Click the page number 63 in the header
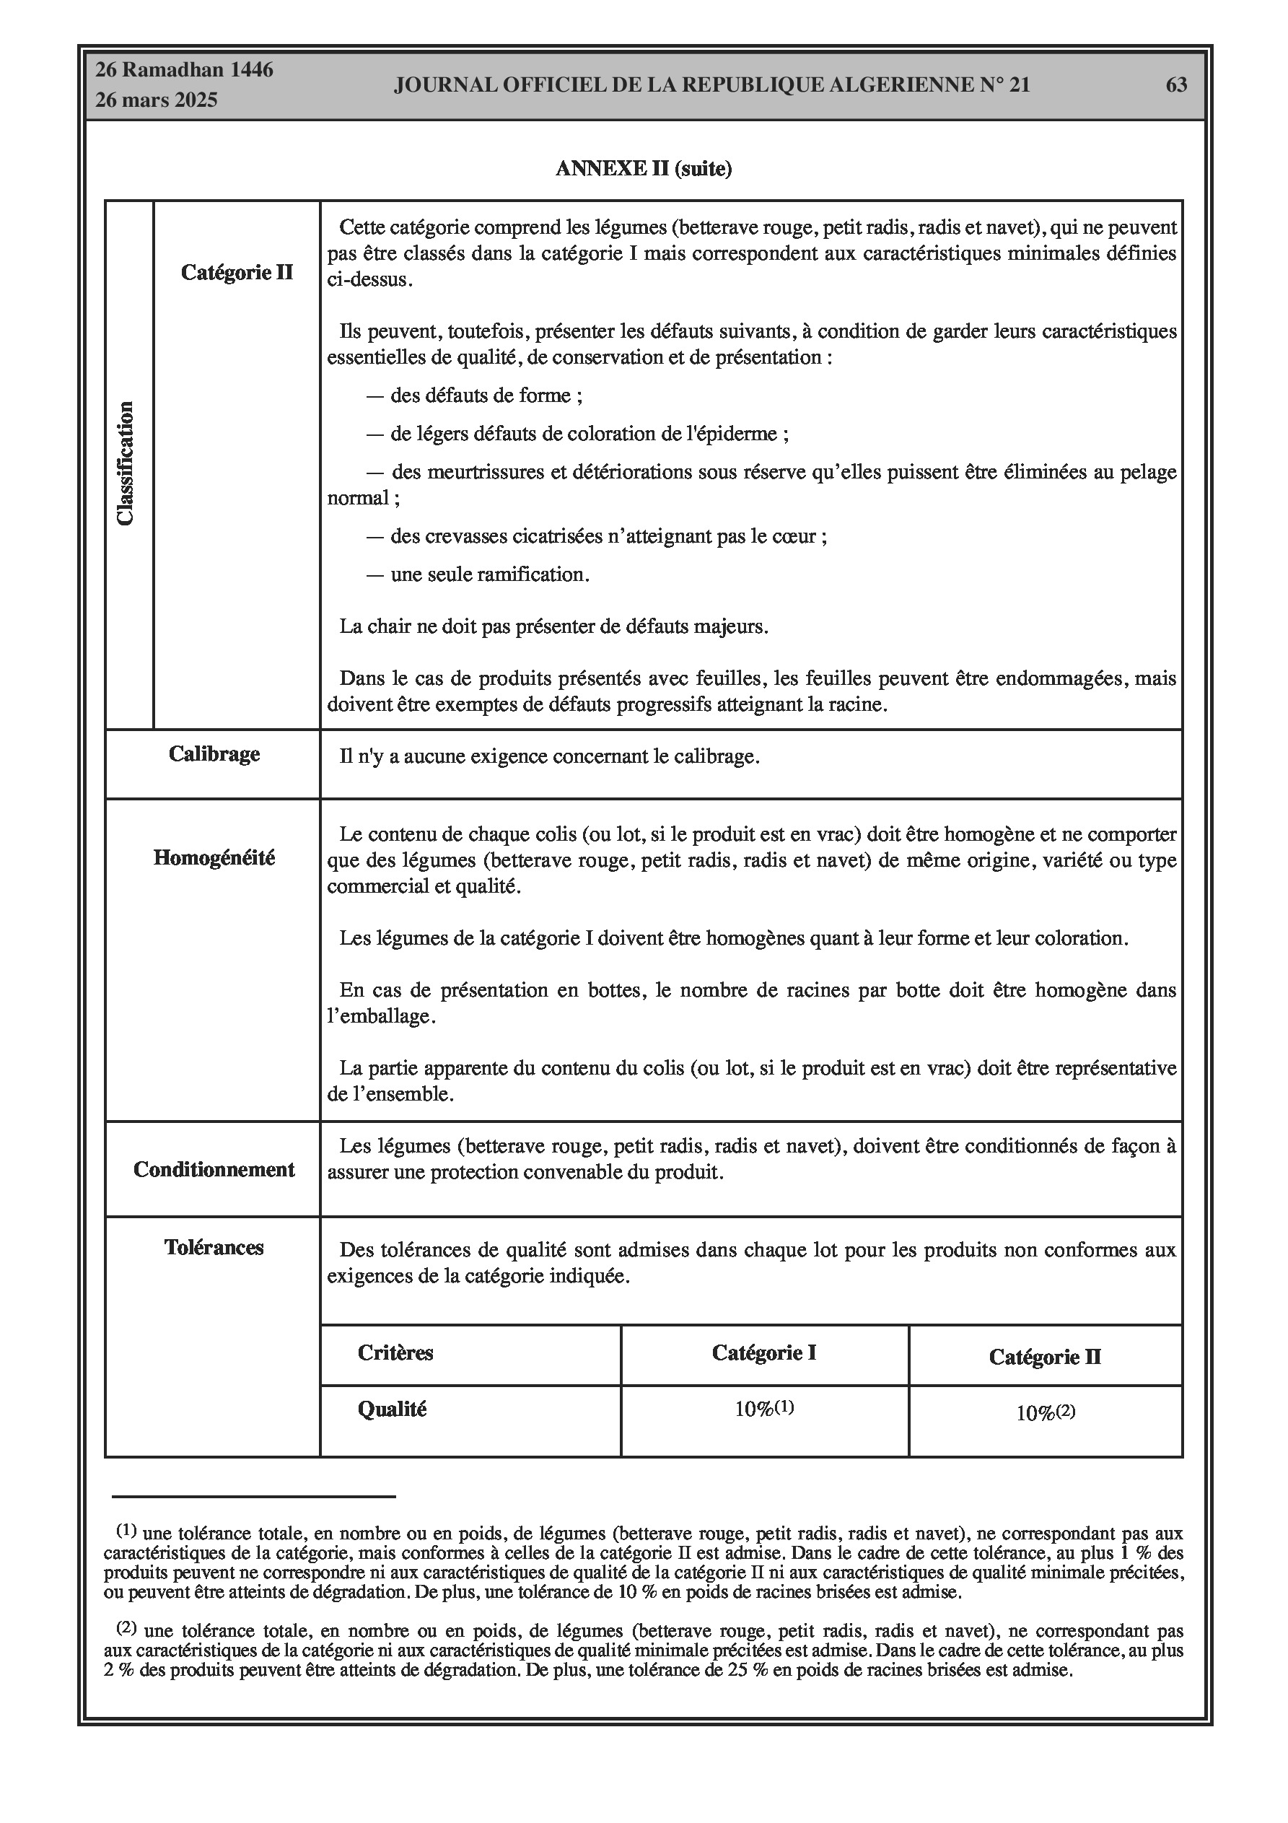1175,85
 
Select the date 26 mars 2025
157,101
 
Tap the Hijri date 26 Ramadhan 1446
184,70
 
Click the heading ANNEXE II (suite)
643,168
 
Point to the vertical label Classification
126,464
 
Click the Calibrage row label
214,753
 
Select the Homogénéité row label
214,857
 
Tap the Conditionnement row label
214,1170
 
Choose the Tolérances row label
214,1247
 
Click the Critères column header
395,1352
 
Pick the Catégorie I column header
764,1352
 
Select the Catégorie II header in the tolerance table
1045,1356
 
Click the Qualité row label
392,1409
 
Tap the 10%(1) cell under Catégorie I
764,1409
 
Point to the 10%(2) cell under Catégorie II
1045,1412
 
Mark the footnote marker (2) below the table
127,1627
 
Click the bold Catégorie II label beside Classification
237,272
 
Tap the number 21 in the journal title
1019,85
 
